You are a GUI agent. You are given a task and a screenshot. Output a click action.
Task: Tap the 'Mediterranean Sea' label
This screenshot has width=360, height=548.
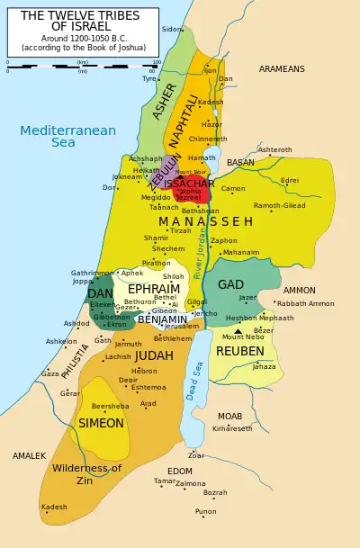68,136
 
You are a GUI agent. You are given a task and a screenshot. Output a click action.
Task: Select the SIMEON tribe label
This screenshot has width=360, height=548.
101,423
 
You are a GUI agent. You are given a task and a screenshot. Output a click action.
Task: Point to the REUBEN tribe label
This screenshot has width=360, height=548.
240,351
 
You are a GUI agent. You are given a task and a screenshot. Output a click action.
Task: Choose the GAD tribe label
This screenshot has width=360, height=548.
230,285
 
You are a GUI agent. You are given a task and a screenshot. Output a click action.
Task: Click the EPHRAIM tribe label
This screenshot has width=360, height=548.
154,290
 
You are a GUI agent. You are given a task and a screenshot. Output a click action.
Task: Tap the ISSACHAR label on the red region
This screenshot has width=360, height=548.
189,184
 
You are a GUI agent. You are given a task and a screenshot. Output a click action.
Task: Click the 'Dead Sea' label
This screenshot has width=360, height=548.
192,374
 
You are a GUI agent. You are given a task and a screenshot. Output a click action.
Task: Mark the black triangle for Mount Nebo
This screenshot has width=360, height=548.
238,331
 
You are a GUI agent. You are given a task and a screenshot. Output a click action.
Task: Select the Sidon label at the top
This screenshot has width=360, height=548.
171,29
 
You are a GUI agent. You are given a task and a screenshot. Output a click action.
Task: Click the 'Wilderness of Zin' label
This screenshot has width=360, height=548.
86,474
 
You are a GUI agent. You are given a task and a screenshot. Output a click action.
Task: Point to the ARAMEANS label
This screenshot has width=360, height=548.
282,69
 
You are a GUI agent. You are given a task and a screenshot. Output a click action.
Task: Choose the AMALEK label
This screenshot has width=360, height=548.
29,456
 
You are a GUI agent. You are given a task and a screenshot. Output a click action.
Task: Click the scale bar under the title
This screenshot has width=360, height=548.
81,63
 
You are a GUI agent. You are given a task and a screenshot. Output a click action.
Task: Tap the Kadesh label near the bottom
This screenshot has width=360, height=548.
54,507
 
